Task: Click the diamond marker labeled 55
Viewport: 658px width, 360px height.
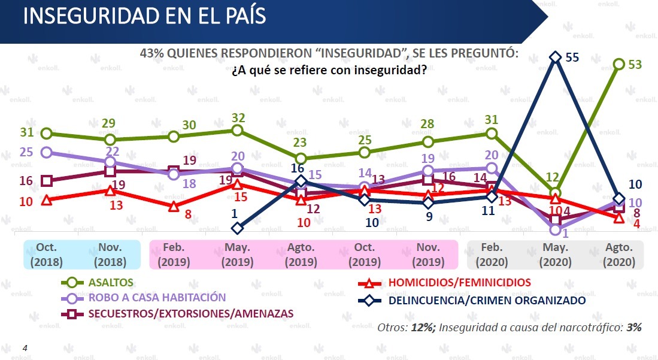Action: point(555,58)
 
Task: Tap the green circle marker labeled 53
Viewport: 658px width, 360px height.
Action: point(618,64)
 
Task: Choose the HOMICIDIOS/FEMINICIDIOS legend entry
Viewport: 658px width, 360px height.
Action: point(459,282)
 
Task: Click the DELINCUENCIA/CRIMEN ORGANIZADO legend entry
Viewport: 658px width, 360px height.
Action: point(486,301)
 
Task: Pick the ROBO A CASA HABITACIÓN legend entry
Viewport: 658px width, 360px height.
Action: point(157,298)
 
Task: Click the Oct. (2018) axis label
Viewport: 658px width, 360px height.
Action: point(47,255)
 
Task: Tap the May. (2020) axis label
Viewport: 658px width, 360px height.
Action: point(555,255)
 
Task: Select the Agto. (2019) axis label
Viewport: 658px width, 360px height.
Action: point(301,255)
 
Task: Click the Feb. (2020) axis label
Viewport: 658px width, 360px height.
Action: point(492,255)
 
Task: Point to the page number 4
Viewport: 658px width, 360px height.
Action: point(25,347)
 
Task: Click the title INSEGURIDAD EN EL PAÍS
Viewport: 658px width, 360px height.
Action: point(144,16)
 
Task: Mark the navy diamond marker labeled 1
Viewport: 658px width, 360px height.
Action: point(238,228)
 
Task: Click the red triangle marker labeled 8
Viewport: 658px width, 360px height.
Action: point(174,207)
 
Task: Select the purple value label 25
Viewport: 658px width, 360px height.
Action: point(26,152)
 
